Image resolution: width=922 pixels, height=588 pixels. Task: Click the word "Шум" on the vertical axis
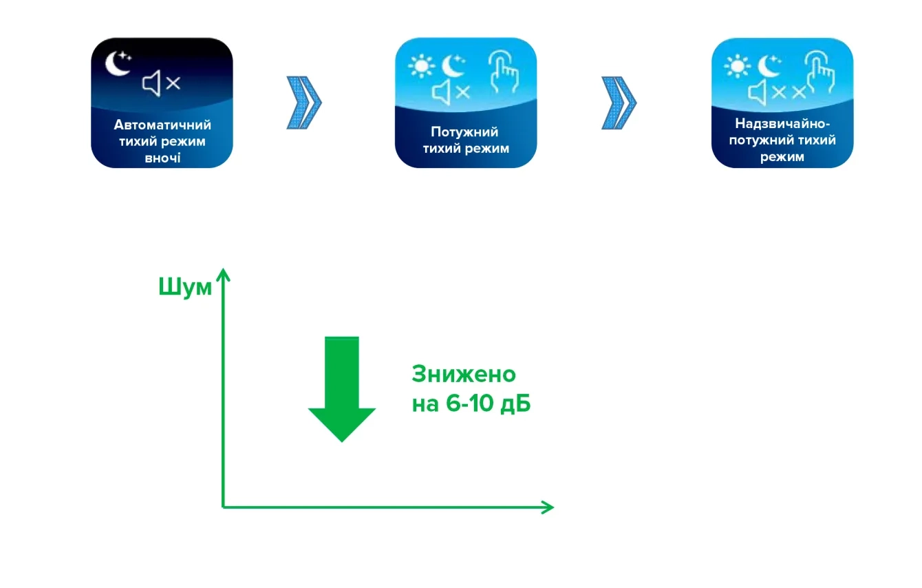coord(184,287)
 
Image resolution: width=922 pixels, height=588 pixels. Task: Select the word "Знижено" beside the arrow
coord(463,375)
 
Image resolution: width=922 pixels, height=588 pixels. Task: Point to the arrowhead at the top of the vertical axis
coord(222,273)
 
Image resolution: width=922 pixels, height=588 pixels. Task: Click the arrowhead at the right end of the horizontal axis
coord(547,507)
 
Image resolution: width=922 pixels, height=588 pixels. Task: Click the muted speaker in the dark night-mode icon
coord(161,83)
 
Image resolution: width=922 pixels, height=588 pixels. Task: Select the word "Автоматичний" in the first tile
coord(162,125)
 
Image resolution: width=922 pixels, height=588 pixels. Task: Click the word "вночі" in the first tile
coord(162,156)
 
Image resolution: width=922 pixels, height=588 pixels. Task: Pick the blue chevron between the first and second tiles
coord(303,103)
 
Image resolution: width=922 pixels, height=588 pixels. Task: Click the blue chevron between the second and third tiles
coord(619,103)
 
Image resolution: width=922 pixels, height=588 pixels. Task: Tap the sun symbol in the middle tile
coord(419,67)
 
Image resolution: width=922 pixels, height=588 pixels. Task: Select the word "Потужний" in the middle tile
coord(464,132)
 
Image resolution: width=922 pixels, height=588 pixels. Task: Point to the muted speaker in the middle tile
coord(451,92)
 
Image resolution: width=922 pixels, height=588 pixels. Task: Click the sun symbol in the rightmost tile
coord(736,67)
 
